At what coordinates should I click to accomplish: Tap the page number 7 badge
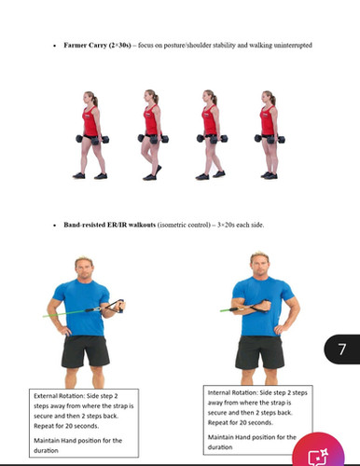(342, 349)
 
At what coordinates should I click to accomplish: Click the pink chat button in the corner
(318, 451)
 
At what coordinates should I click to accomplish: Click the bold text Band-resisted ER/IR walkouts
(109, 225)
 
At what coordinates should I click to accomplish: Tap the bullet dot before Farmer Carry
(55, 46)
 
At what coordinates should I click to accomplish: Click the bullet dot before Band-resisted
(55, 226)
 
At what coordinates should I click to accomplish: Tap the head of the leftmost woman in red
(90, 98)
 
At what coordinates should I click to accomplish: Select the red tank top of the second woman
(151, 119)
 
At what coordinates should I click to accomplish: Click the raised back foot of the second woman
(159, 170)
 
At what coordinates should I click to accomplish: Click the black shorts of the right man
(260, 352)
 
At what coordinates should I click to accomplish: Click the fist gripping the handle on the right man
(266, 306)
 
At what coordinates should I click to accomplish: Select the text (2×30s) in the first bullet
(119, 46)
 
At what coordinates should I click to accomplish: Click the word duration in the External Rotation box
(46, 450)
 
